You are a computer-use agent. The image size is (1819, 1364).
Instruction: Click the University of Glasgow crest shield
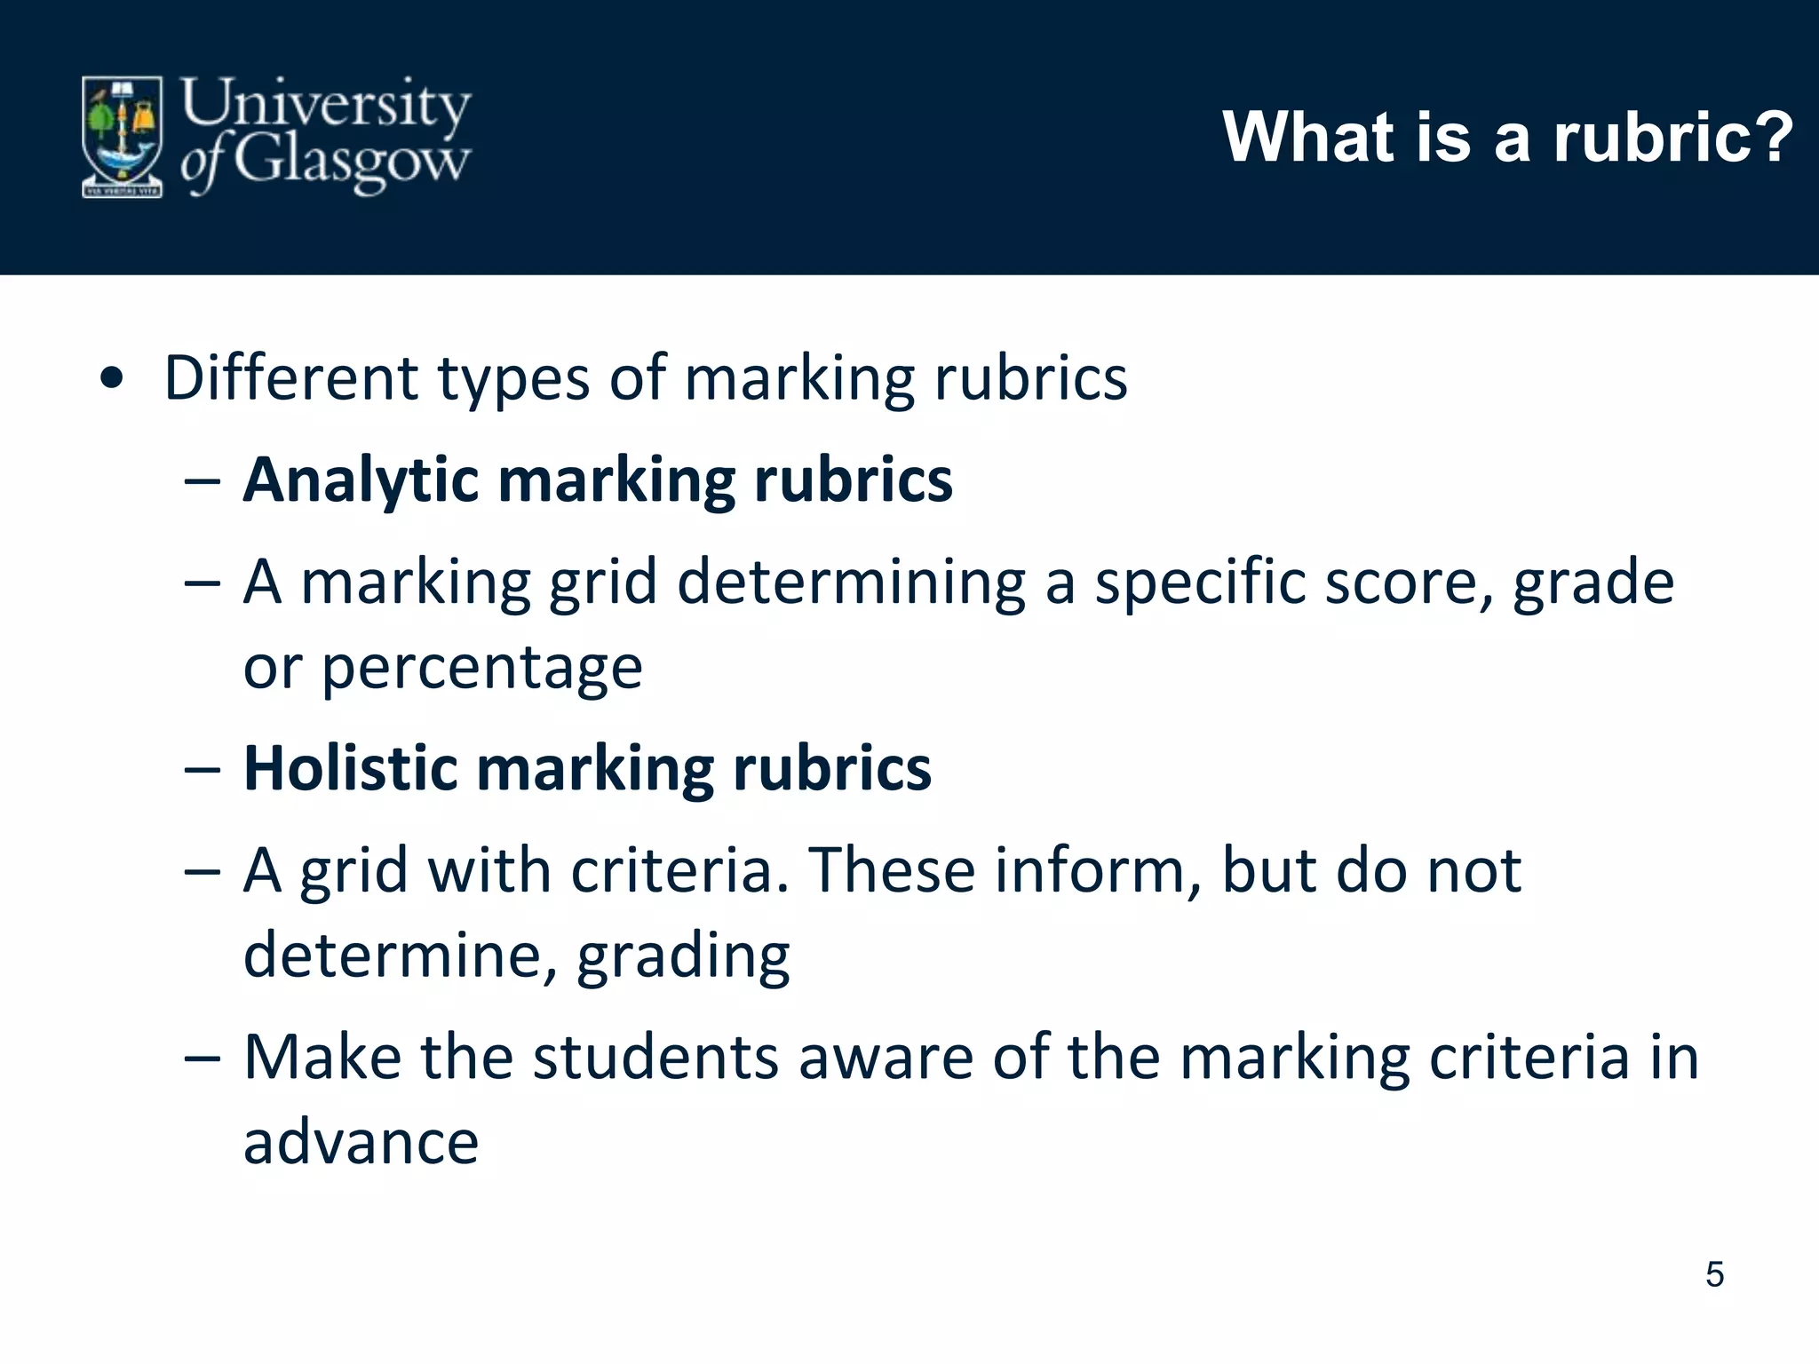(123, 136)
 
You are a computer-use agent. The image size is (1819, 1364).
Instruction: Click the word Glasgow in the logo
(352, 161)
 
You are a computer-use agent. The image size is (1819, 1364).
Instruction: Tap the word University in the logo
(325, 104)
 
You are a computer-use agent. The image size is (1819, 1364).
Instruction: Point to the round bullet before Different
(112, 380)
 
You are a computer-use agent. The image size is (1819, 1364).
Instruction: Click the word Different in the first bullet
(291, 378)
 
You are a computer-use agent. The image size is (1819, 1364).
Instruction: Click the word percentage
(481, 668)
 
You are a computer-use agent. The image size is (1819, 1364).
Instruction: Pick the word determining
(851, 583)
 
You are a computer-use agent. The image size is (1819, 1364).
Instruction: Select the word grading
(683, 956)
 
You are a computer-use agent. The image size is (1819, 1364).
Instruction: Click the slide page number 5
(1714, 1274)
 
